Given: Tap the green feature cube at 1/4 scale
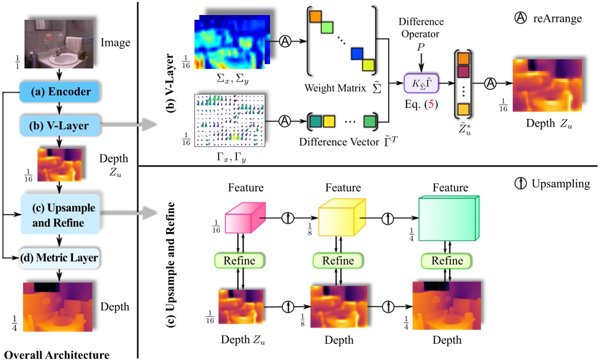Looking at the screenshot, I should (x=446, y=219).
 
